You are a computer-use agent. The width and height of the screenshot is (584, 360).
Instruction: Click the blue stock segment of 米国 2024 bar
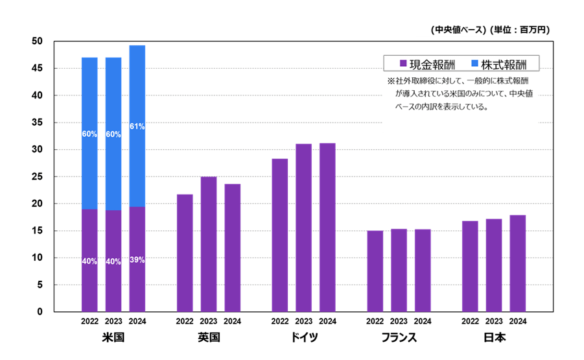(x=137, y=162)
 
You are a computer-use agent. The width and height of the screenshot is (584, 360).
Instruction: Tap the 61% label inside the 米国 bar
(x=137, y=126)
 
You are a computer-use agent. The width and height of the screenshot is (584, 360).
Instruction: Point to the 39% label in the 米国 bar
(x=137, y=260)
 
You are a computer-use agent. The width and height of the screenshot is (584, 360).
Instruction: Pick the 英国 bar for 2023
(x=208, y=244)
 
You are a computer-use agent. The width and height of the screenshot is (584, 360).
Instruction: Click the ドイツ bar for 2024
(x=327, y=227)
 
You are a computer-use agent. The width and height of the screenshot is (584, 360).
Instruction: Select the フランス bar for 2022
(x=375, y=271)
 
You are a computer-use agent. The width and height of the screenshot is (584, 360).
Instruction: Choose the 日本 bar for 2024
(x=517, y=263)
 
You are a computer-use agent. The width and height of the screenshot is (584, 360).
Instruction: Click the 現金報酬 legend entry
(x=427, y=64)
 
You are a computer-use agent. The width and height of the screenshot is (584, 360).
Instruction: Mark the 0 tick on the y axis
(x=40, y=312)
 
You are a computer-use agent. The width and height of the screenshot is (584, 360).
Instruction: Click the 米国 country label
(x=113, y=338)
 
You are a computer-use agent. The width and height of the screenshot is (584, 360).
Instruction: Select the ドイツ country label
(x=303, y=338)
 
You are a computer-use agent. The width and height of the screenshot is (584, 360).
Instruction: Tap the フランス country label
(x=399, y=338)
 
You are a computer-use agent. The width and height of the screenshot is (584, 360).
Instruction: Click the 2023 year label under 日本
(x=494, y=321)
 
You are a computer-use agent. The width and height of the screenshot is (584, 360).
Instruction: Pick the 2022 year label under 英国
(x=184, y=321)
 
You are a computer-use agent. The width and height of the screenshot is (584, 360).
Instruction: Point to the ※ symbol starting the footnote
(x=390, y=82)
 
